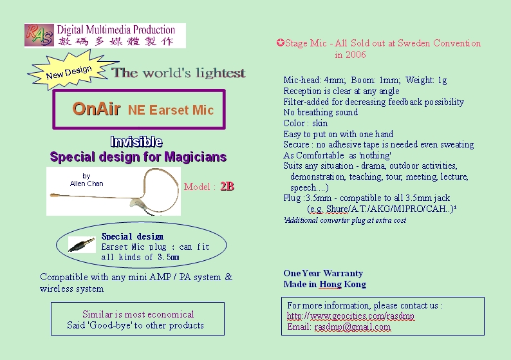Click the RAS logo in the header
click(x=39, y=35)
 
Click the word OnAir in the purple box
click(x=97, y=109)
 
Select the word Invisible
click(x=136, y=142)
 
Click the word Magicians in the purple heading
click(x=195, y=157)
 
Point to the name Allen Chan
click(x=86, y=184)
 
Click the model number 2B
click(x=227, y=186)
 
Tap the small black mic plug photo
click(x=82, y=245)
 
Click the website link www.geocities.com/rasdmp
click(x=350, y=316)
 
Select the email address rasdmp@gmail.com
click(x=352, y=327)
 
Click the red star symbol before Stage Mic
click(x=280, y=43)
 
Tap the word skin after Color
click(x=320, y=123)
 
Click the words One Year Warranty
click(x=323, y=273)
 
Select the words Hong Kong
click(x=342, y=285)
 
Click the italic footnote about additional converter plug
click(x=345, y=220)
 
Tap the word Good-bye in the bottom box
click(x=109, y=325)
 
